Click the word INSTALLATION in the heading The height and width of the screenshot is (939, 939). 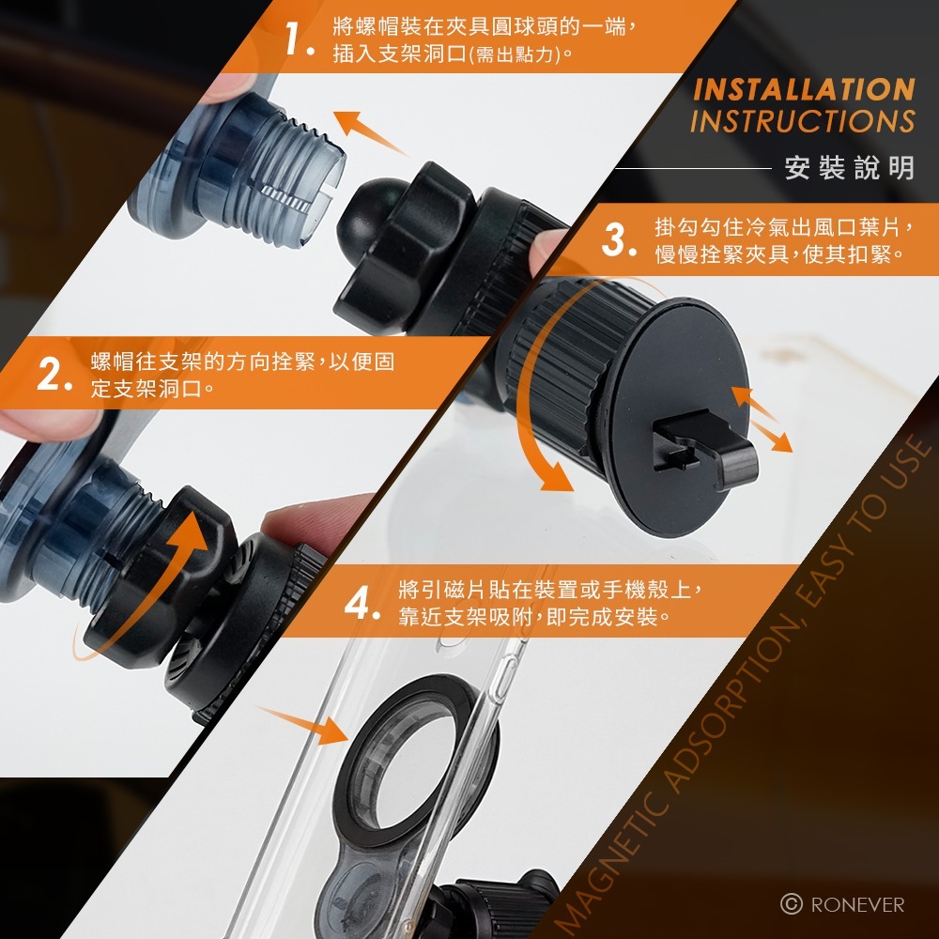804,90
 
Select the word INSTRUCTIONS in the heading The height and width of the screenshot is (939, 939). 803,120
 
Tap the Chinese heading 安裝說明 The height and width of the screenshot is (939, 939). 850,167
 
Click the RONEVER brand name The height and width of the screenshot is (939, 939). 857,904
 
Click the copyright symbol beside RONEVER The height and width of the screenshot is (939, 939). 791,904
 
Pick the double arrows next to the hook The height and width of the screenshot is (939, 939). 762,419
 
